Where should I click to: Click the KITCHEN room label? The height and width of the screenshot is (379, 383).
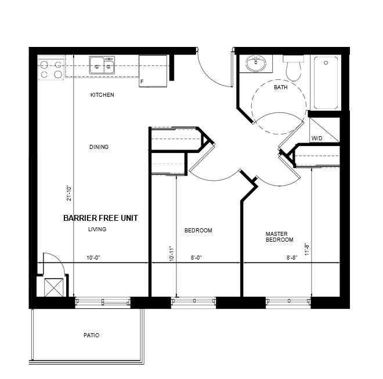pos(102,94)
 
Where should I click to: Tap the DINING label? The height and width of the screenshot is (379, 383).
pos(99,147)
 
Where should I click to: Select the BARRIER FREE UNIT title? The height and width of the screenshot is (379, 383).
pos(100,218)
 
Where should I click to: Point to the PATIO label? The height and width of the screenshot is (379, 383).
pos(91,336)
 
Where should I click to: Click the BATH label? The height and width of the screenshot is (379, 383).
pos(281,88)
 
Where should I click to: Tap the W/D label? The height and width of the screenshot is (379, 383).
pos(317,139)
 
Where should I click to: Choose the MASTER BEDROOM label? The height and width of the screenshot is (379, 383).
pos(280,237)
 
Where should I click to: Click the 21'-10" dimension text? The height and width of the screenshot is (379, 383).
pos(69,193)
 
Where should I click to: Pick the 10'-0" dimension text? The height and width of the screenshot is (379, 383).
pos(93,258)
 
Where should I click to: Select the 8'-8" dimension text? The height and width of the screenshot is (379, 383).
pos(292,258)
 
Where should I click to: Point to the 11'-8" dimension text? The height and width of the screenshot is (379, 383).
pos(307,249)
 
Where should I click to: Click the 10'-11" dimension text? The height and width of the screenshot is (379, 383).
pos(172,254)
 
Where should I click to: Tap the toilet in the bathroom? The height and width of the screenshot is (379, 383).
pos(294,68)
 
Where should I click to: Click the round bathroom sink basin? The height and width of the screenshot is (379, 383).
pos(256,63)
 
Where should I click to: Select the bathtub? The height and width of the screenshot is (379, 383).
pos(326,83)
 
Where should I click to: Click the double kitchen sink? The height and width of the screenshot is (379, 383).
pos(102,65)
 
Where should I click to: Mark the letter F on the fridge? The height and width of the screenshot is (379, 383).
pos(142,82)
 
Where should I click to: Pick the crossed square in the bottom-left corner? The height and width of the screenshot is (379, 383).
pos(54,287)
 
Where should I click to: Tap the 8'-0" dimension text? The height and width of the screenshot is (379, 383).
pos(196,258)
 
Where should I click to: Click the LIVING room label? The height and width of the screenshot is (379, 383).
pos(97,229)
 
